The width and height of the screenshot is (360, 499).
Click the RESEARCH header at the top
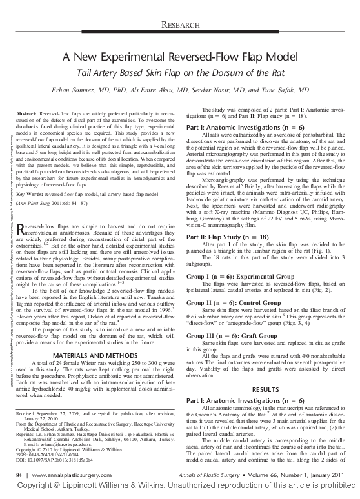click(x=180, y=26)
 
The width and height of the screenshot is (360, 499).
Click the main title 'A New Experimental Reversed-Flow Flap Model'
click(x=180, y=57)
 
